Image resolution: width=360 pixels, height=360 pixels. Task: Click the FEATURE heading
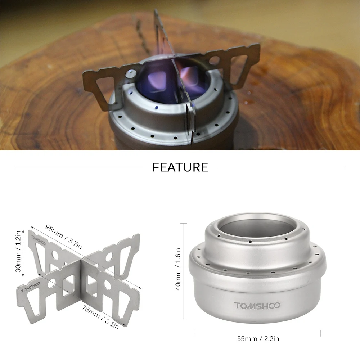coord(180,167)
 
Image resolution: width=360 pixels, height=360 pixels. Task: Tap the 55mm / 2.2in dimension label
coord(258,339)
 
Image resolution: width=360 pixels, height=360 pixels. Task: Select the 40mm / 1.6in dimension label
coord(178,269)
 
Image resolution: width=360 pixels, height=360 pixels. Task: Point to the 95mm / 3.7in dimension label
coord(63,237)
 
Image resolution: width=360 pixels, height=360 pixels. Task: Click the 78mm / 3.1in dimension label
coord(100,317)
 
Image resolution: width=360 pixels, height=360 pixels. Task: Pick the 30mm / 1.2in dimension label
coord(18,251)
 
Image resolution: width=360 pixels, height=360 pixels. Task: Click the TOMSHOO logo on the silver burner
coord(257,306)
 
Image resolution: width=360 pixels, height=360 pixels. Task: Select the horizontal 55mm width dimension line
coord(257,333)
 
